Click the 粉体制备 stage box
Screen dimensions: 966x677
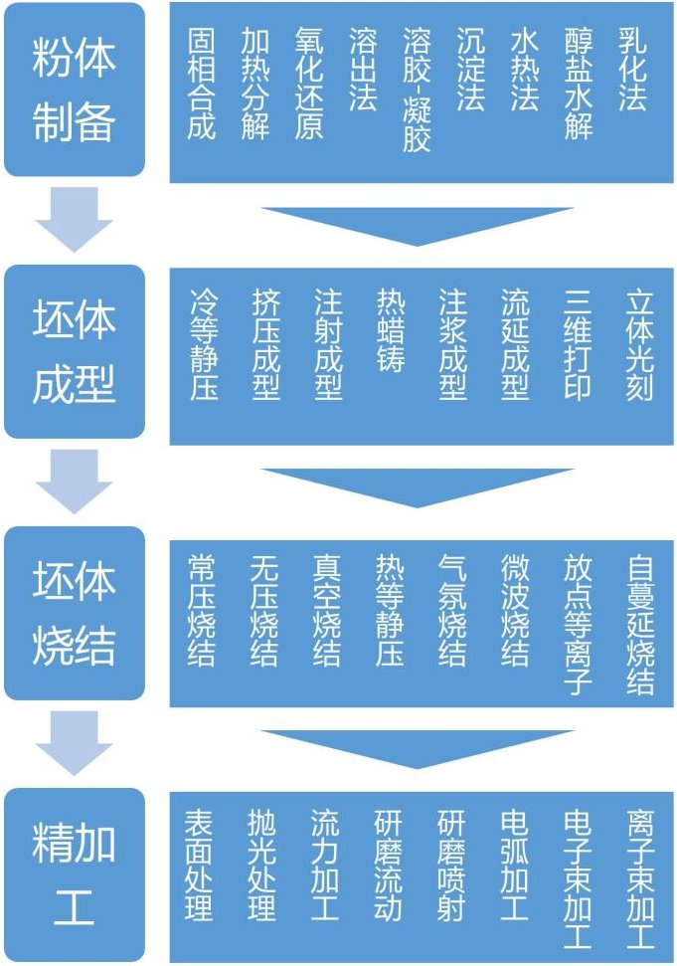tap(75, 90)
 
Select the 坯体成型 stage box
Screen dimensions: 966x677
tap(75, 351)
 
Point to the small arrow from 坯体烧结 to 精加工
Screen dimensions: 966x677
tap(75, 742)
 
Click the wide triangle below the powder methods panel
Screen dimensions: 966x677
tap(418, 225)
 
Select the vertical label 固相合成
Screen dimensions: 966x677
tap(202, 84)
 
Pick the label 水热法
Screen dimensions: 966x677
tap(525, 70)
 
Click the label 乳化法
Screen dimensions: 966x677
tap(632, 70)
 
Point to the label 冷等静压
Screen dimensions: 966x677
tap(204, 344)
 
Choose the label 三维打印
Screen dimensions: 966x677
tap(577, 344)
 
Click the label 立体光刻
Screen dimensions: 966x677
tap(639, 344)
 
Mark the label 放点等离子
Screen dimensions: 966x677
tap(578, 624)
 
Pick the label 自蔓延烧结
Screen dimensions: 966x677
tap(640, 624)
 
